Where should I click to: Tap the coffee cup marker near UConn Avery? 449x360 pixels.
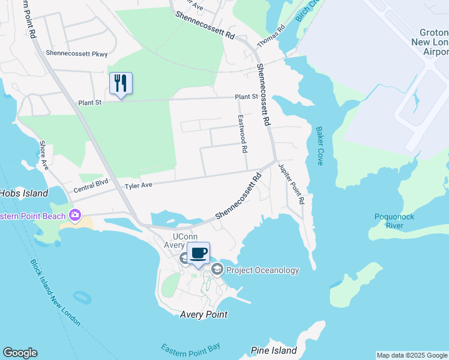198,253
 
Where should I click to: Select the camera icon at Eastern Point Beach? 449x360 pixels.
75,214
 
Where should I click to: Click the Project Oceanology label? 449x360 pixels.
262,270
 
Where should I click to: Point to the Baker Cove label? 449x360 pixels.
319,146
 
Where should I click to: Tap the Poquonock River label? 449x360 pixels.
395,221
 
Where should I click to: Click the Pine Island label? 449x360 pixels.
274,350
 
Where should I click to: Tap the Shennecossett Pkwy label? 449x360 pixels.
77,53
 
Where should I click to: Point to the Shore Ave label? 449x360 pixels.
43,155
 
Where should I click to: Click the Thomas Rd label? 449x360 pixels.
271,38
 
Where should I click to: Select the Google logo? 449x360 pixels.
20,353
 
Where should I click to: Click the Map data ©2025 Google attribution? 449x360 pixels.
412,355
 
